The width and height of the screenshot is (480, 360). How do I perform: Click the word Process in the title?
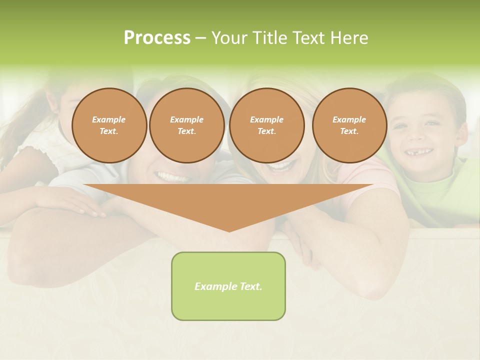[x=157, y=37]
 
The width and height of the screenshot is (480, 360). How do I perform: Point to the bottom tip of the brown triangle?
[x=229, y=230]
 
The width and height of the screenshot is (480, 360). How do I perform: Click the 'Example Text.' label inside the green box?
[x=228, y=286]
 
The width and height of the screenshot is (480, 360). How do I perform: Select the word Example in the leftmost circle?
[x=109, y=119]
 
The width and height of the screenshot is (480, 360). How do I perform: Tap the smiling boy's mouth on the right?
[x=419, y=151]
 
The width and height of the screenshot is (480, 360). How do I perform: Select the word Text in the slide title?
[x=306, y=37]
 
